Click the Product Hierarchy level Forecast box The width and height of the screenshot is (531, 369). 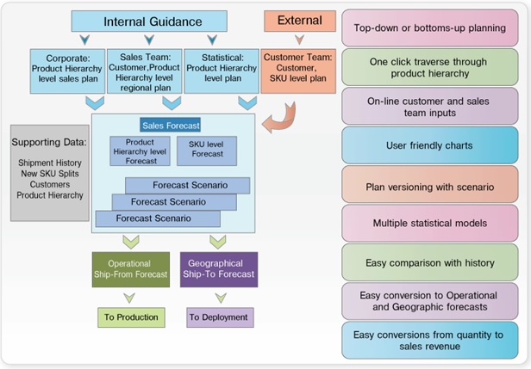click(x=139, y=151)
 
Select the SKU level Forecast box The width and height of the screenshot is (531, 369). click(x=206, y=151)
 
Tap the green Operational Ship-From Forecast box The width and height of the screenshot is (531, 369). click(x=129, y=269)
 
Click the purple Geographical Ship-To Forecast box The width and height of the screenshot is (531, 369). click(x=218, y=269)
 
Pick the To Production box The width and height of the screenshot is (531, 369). click(x=131, y=317)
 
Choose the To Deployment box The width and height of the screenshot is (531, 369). click(x=220, y=317)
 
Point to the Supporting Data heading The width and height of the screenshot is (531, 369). click(x=48, y=140)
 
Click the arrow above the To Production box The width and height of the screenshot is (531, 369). click(x=129, y=297)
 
